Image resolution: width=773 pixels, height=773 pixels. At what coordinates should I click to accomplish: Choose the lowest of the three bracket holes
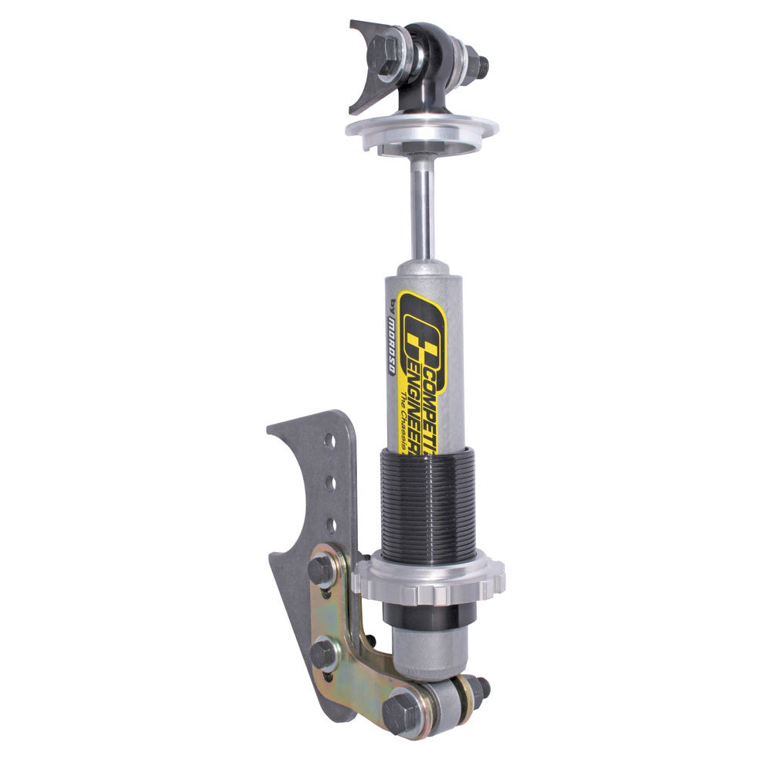(331, 525)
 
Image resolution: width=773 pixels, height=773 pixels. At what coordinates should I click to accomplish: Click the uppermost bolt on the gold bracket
(322, 570)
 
